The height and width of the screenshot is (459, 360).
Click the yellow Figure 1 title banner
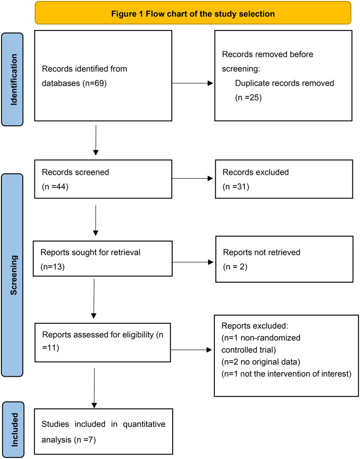click(x=193, y=13)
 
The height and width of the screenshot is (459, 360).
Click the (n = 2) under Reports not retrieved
click(x=235, y=267)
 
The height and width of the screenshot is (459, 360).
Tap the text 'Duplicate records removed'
click(x=285, y=83)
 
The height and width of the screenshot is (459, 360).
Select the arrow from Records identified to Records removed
click(x=193, y=83)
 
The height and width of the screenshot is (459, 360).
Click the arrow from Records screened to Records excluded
click(x=193, y=178)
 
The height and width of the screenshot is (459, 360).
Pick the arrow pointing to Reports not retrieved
click(x=193, y=262)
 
